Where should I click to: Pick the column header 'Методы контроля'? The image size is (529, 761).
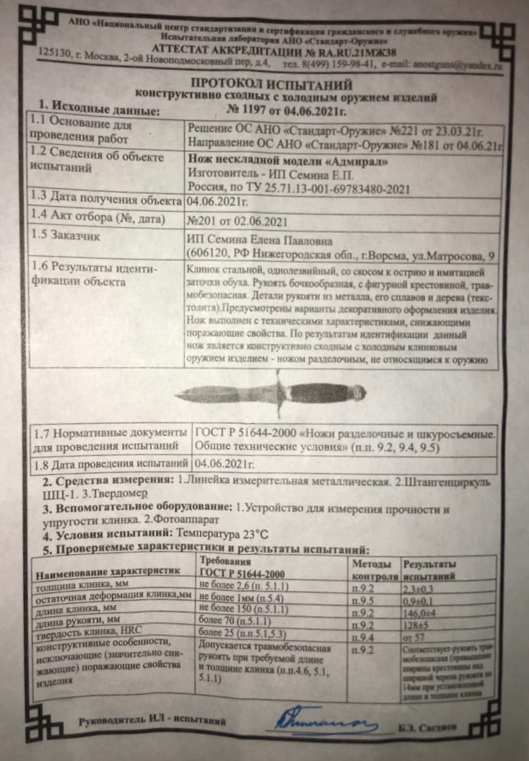pyautogui.click(x=373, y=569)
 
